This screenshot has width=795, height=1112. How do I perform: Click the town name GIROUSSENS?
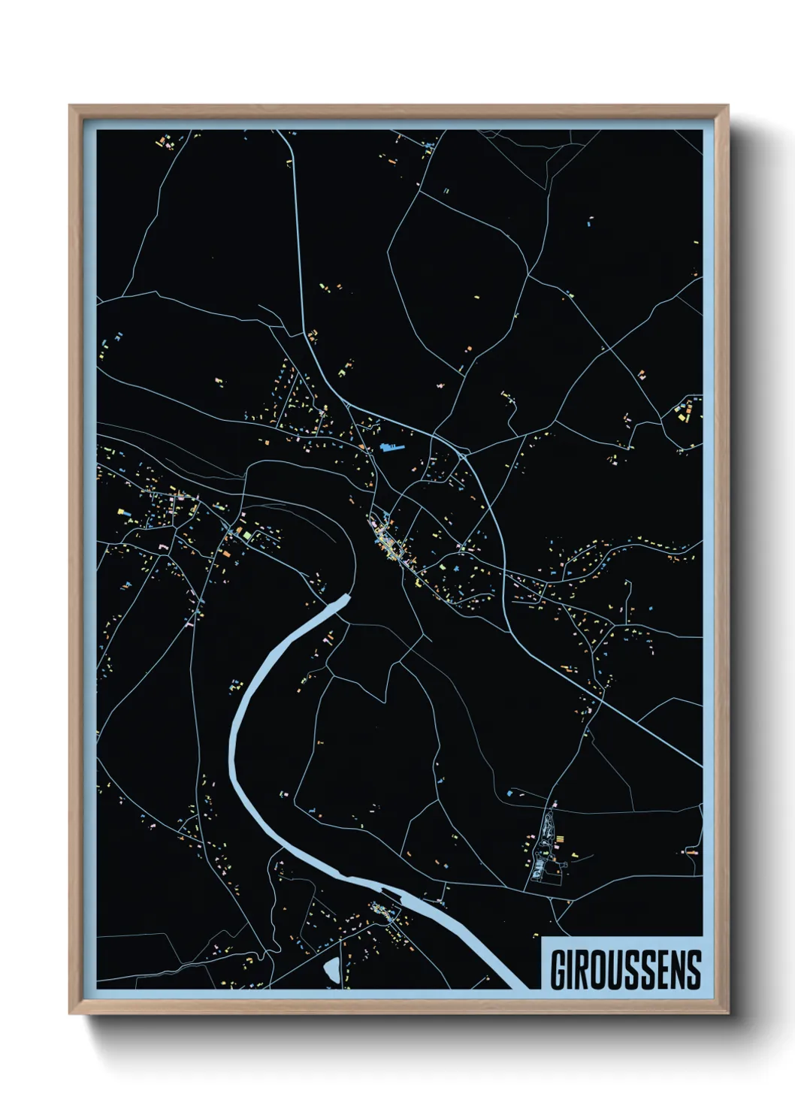click(625, 970)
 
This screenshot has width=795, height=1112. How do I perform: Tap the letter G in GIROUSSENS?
click(560, 970)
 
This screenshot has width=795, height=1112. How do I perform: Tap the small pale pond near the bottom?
click(331, 968)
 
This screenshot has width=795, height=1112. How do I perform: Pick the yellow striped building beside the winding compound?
click(561, 836)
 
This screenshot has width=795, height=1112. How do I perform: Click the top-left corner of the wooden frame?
click(70, 107)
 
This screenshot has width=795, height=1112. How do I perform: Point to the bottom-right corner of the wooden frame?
click(727, 1013)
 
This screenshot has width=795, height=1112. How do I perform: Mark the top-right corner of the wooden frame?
click(727, 107)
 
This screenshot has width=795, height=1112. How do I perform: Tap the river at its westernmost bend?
click(232, 744)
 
